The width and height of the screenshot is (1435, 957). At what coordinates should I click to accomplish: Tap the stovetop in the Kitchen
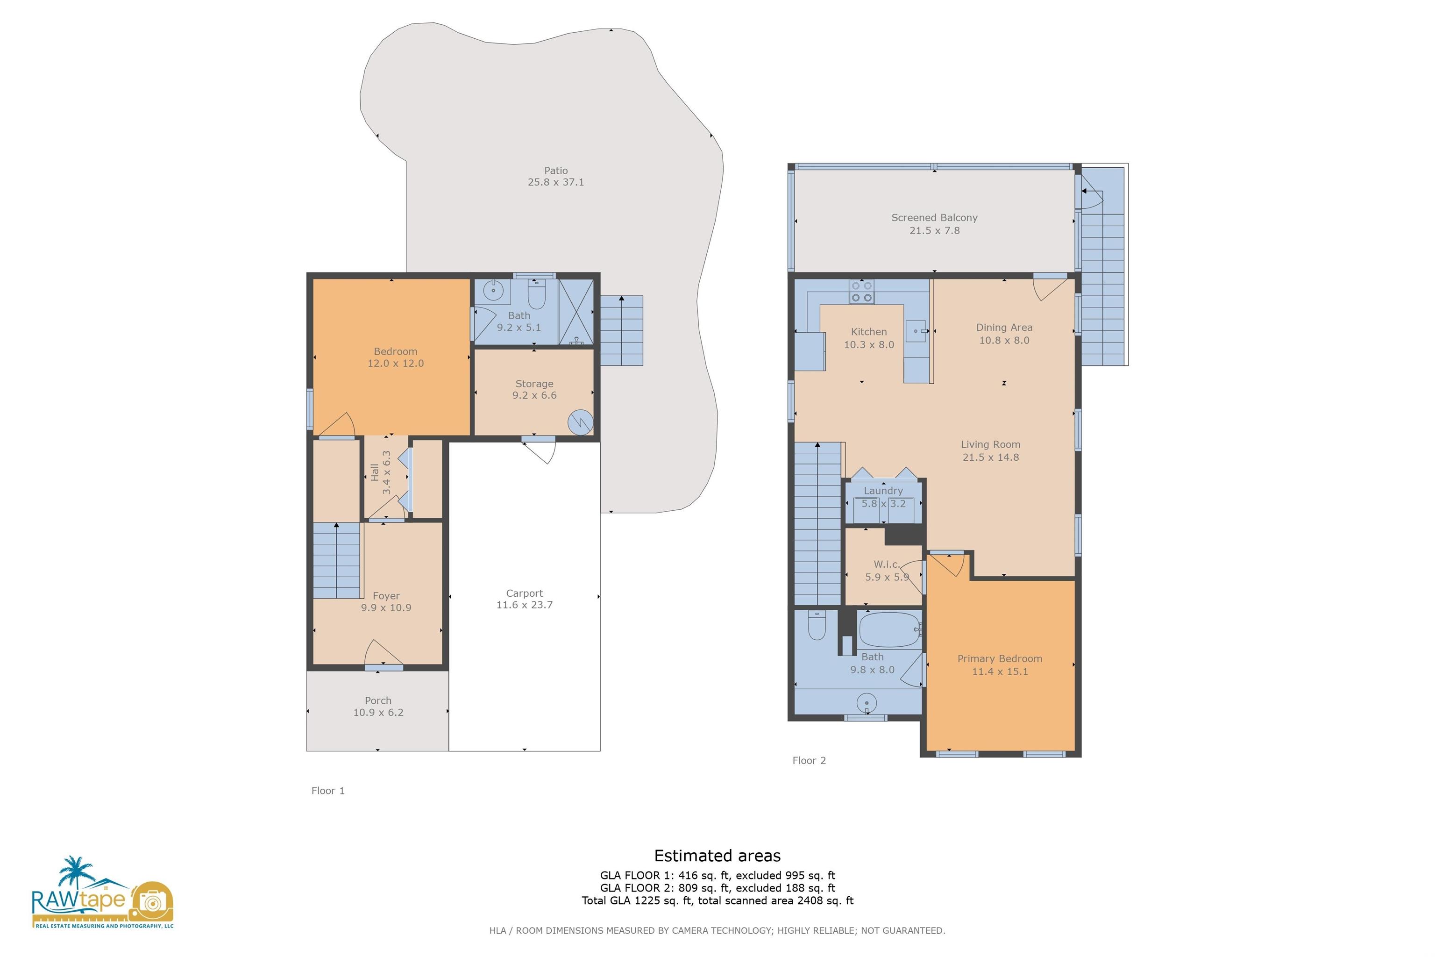(x=861, y=292)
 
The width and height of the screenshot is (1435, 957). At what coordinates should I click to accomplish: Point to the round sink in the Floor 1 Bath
(x=493, y=291)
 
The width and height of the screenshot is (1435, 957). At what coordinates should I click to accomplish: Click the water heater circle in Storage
(x=580, y=422)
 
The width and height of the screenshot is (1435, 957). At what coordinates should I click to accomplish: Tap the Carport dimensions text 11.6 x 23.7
(x=524, y=605)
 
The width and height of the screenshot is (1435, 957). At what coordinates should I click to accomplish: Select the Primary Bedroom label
(x=999, y=658)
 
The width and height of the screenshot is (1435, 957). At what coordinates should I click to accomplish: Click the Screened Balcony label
(x=934, y=217)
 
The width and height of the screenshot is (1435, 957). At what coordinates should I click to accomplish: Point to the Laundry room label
(x=883, y=491)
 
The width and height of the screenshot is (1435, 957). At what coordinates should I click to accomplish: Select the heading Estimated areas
(x=717, y=856)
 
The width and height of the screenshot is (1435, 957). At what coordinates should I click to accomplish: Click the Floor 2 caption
(x=809, y=760)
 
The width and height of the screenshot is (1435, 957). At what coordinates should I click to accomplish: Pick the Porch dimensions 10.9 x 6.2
(x=378, y=712)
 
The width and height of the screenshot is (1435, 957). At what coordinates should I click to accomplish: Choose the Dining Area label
(x=1004, y=328)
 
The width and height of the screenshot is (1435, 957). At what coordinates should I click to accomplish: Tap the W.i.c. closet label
(x=887, y=564)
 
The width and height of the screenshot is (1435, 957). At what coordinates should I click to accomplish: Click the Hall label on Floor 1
(x=375, y=472)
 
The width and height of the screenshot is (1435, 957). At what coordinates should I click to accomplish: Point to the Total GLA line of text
(x=717, y=900)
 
